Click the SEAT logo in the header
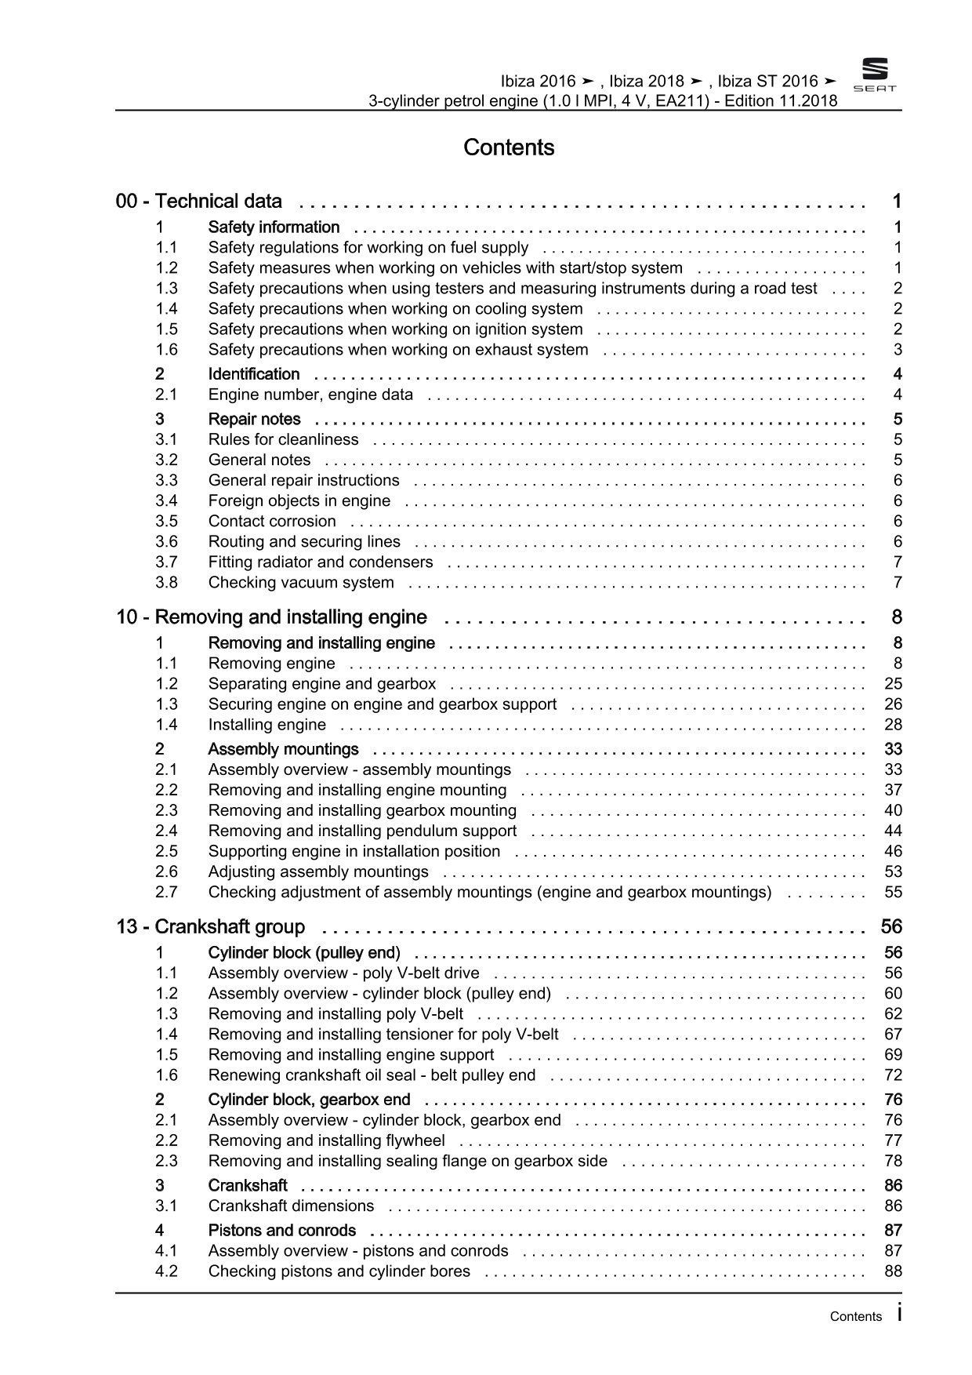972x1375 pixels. point(874,76)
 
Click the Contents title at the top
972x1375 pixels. point(509,147)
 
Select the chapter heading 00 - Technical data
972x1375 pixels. point(199,202)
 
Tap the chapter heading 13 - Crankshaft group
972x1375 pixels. point(210,927)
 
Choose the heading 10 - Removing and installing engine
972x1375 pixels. point(271,617)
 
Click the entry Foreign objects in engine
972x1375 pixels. point(299,500)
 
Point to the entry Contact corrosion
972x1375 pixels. point(272,521)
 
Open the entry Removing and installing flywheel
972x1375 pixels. point(326,1140)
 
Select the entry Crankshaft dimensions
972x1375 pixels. point(291,1206)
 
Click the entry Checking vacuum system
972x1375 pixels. point(301,582)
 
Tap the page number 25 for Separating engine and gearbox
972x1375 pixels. point(893,684)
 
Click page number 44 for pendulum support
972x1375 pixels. point(893,831)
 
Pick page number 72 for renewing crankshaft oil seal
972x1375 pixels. point(893,1075)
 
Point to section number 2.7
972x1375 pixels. point(166,892)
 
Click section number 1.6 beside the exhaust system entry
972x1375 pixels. point(166,350)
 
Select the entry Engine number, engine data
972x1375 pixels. point(310,395)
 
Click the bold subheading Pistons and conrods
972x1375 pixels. point(281,1230)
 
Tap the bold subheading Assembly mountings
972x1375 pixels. point(283,749)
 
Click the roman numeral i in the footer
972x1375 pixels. point(899,1314)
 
